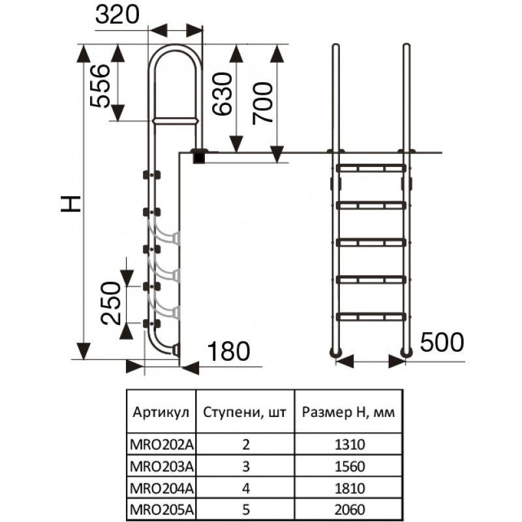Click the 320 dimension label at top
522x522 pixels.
(117, 14)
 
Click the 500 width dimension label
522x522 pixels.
(442, 341)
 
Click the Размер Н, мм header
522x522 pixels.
(349, 412)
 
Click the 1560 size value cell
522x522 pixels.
(349, 467)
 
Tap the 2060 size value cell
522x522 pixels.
(349, 508)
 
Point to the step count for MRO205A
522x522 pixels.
(245, 508)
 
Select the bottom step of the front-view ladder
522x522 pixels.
(371, 317)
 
